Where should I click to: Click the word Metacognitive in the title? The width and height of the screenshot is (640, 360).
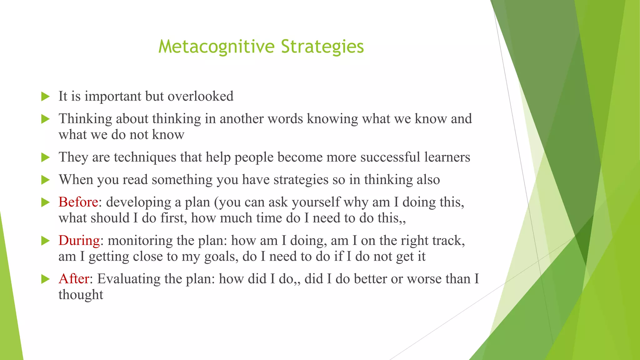coord(216,47)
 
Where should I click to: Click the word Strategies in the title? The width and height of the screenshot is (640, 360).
coord(322,47)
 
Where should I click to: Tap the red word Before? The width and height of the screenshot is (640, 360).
coord(78,202)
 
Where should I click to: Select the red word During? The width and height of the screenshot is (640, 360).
coord(79,241)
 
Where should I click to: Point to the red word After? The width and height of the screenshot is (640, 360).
coord(74,279)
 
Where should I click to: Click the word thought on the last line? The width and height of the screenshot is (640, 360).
coord(81,295)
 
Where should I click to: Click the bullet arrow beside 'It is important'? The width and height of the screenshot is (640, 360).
coord(46,97)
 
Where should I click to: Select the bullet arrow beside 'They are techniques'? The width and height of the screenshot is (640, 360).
coord(46,157)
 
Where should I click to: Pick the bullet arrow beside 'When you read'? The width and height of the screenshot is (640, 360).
coord(46,180)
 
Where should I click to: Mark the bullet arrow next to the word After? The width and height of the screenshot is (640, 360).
coord(46,279)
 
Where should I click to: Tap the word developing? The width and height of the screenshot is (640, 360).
coord(138,202)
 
